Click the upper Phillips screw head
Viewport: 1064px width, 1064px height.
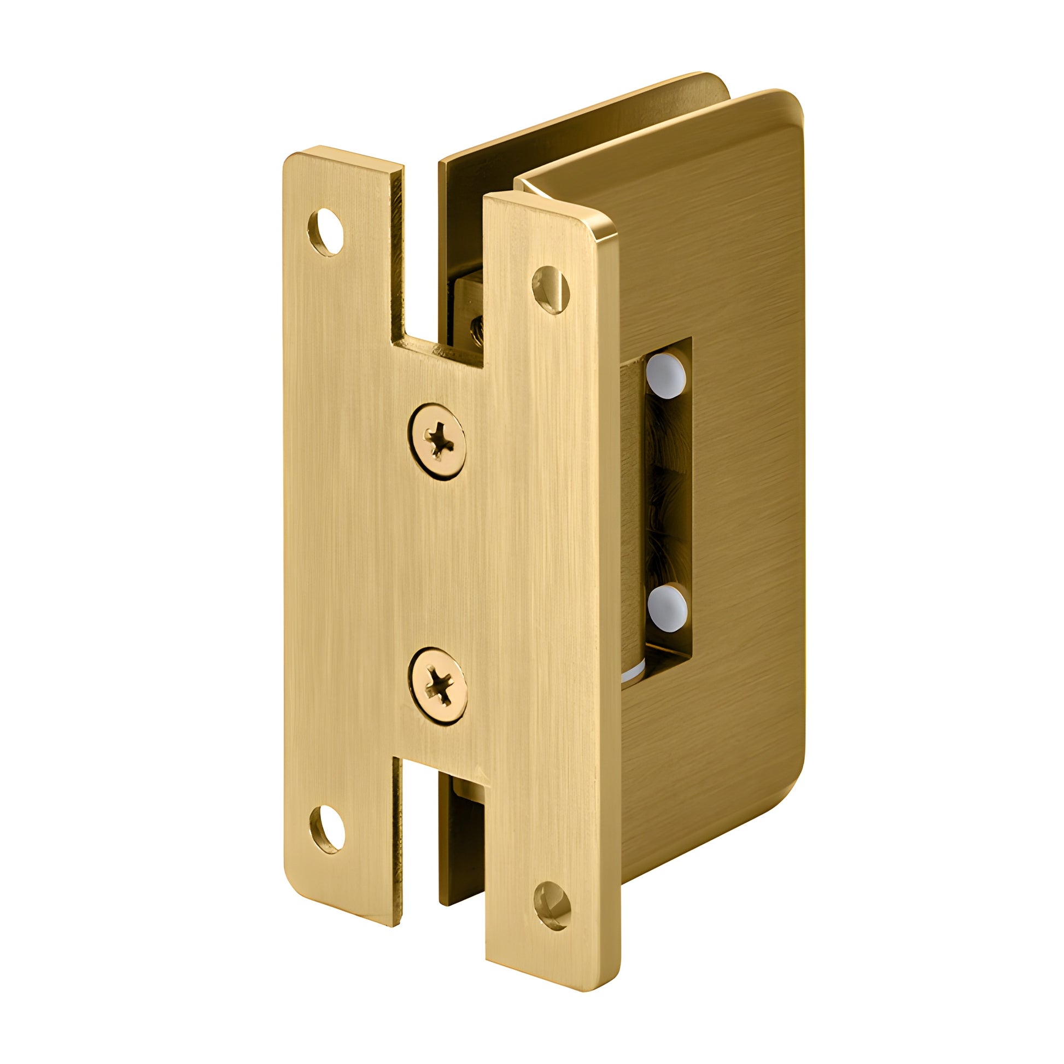437,441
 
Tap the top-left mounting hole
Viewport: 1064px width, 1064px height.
326,231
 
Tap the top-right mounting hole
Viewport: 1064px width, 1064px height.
550,290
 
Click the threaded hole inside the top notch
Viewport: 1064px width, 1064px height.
475,329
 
